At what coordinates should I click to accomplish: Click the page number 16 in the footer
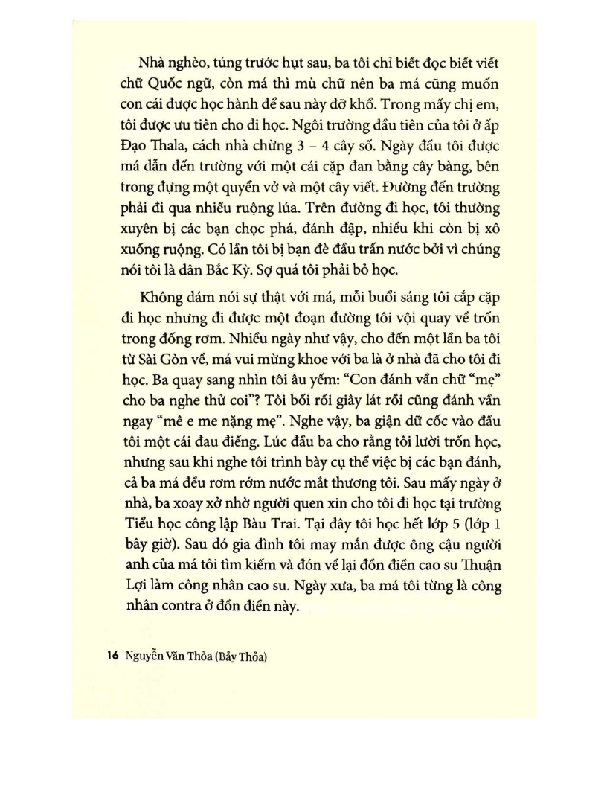point(112,656)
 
